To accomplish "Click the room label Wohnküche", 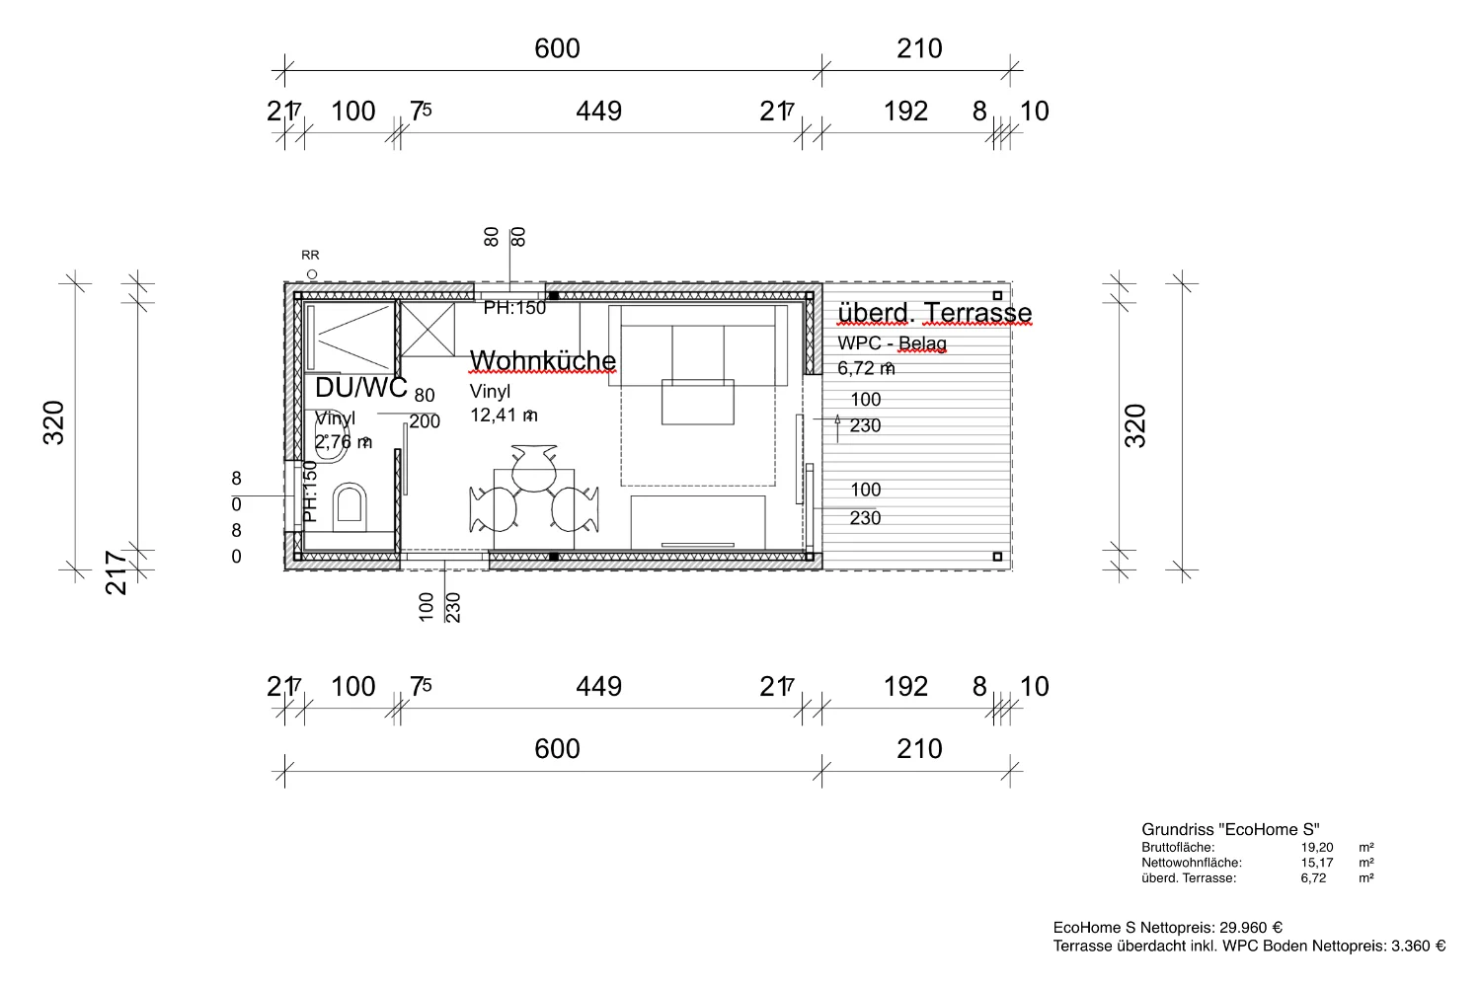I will [x=542, y=361].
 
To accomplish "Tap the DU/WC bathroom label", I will [x=360, y=388].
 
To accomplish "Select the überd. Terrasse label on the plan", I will [x=934, y=313].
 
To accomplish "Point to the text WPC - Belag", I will [x=892, y=343].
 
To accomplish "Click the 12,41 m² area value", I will [x=504, y=416].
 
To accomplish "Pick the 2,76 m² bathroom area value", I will [x=343, y=441].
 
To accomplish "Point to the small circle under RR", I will [x=312, y=273].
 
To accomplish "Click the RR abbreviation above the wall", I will [x=310, y=256].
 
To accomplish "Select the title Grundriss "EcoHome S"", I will [x=1230, y=830].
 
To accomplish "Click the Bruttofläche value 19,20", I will [x=1316, y=847].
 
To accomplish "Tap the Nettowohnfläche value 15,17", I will [x=1316, y=863].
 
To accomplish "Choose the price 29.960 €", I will [x=1251, y=928].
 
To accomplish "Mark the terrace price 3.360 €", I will [x=1418, y=947].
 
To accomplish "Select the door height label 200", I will [x=425, y=421].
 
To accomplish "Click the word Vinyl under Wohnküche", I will [x=490, y=392].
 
